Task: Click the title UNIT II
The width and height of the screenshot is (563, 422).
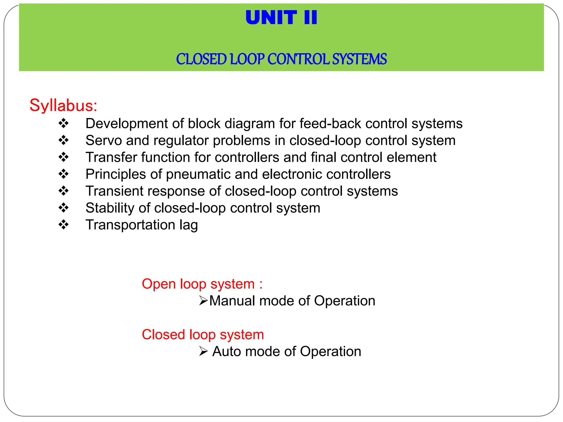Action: coord(281,18)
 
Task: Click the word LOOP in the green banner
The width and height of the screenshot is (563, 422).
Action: coord(247,59)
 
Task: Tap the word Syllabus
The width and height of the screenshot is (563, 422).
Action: coord(63,105)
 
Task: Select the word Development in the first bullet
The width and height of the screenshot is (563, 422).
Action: coord(126,124)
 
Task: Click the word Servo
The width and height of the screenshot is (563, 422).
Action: coord(103,140)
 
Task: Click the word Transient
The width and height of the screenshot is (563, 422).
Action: coord(114,191)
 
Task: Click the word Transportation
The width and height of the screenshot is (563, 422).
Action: coord(130,225)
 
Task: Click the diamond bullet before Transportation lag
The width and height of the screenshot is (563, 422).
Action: coord(64,225)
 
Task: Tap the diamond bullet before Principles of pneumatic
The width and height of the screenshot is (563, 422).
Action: coord(64,174)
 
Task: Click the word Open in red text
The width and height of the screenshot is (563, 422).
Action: coord(159,284)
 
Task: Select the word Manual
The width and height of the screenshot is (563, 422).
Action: coord(232,301)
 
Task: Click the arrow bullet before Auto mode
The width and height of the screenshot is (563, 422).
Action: coord(203,351)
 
